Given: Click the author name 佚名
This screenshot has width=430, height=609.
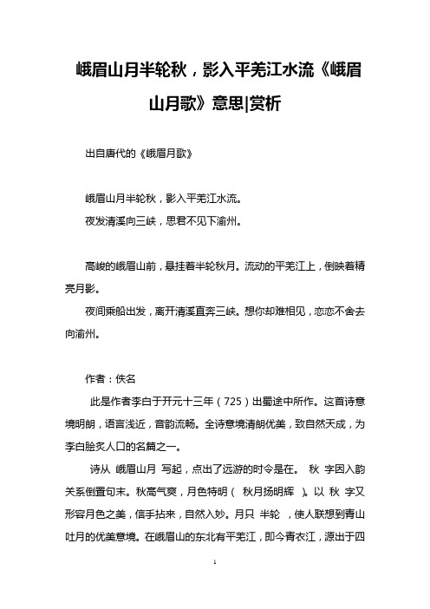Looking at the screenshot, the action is (x=126, y=380).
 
